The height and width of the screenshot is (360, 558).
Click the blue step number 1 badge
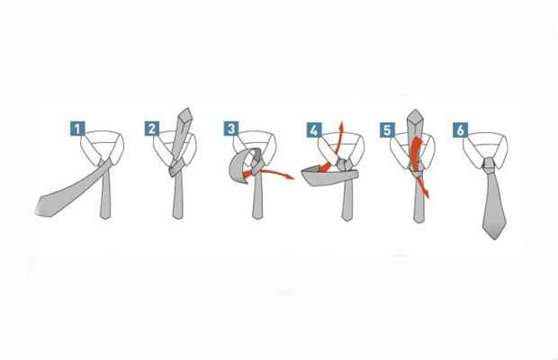[x=77, y=129]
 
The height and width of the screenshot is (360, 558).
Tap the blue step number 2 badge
[x=152, y=129]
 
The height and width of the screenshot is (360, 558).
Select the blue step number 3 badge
[x=231, y=129]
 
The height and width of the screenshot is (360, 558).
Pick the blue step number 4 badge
[x=314, y=130]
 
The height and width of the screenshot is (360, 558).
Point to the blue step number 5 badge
[x=387, y=130]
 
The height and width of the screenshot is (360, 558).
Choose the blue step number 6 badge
[x=461, y=130]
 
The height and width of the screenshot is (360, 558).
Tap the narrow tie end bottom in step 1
[x=105, y=216]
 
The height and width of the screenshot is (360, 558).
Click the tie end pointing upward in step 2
[x=185, y=113]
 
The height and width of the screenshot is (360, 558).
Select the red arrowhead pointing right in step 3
[x=291, y=176]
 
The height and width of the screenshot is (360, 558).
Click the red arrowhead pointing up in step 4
[x=341, y=125]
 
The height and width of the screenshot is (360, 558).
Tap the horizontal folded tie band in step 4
[x=329, y=177]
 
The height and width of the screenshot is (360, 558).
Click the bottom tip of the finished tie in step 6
[x=494, y=238]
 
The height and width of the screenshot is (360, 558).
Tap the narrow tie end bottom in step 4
[x=347, y=218]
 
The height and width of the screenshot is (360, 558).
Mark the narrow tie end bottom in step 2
[x=178, y=216]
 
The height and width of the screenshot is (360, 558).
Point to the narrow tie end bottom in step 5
[x=418, y=220]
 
